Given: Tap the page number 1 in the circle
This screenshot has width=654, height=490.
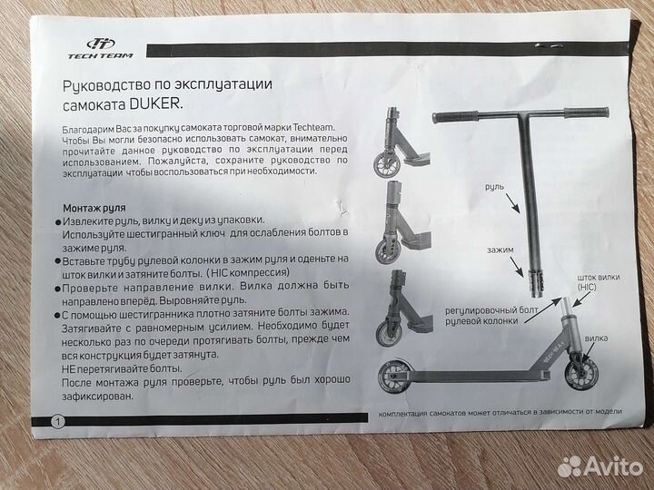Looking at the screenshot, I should [58, 421].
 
